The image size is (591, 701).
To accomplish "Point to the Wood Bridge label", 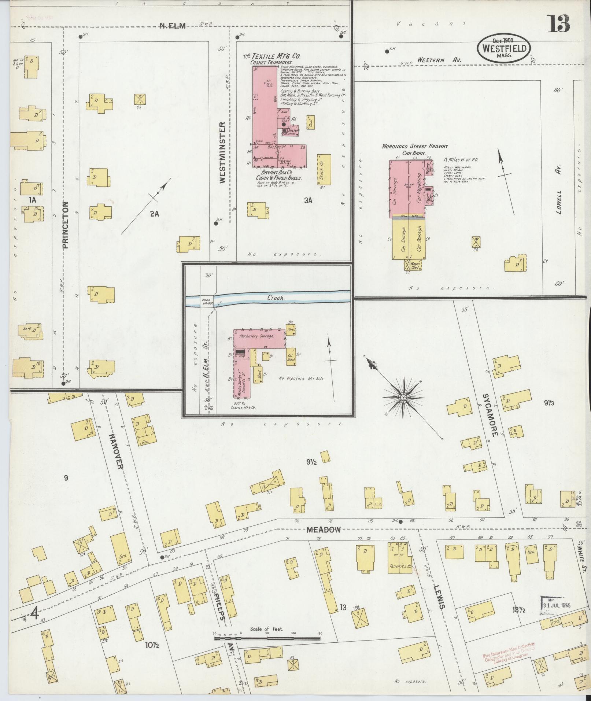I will click(207, 302).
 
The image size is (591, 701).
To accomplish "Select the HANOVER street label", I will click(116, 449).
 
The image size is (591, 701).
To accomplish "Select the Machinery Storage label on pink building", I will click(256, 336).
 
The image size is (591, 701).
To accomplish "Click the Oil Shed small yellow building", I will click(291, 357).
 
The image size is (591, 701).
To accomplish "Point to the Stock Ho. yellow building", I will click(324, 169).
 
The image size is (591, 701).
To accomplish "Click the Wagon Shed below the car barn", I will click(414, 265).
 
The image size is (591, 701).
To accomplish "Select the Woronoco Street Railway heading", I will click(415, 146).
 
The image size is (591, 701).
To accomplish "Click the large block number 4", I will click(35, 613).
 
